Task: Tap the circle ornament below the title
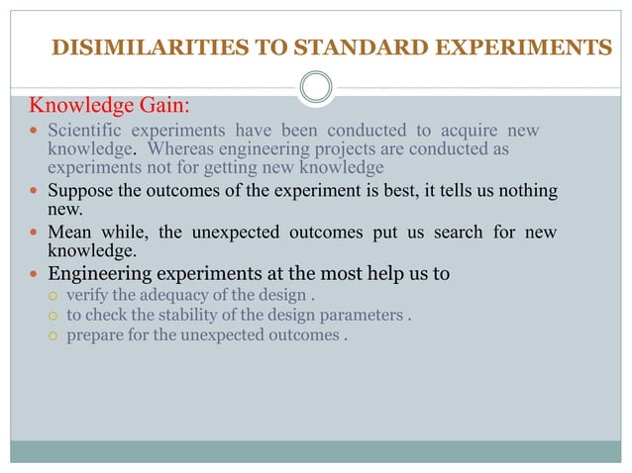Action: (x=316, y=87)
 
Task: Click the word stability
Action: (x=175, y=317)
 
